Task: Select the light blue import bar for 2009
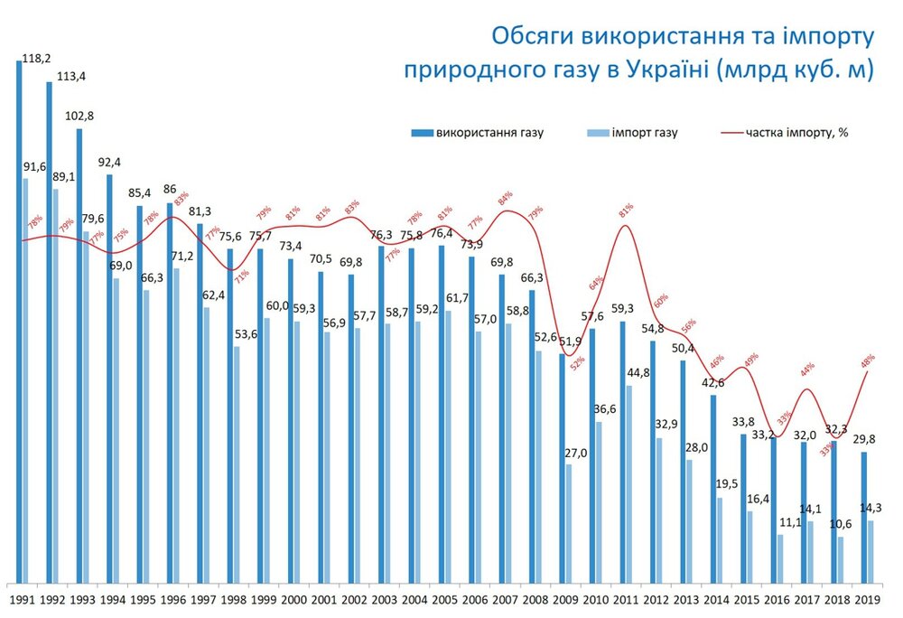569,524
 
